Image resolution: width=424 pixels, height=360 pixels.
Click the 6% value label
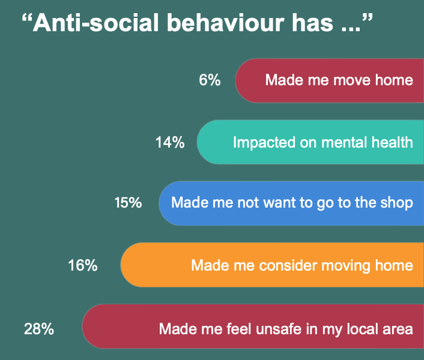tap(210, 80)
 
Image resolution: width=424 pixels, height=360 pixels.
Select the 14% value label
tap(170, 142)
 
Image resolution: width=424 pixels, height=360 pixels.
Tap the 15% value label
tap(128, 203)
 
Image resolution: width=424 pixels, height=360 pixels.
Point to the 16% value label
tap(83, 265)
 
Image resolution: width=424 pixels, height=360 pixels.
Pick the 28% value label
tap(39, 328)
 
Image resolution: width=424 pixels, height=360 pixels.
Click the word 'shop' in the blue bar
tap(397, 203)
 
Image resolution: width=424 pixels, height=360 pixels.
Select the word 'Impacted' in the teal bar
tap(261, 142)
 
